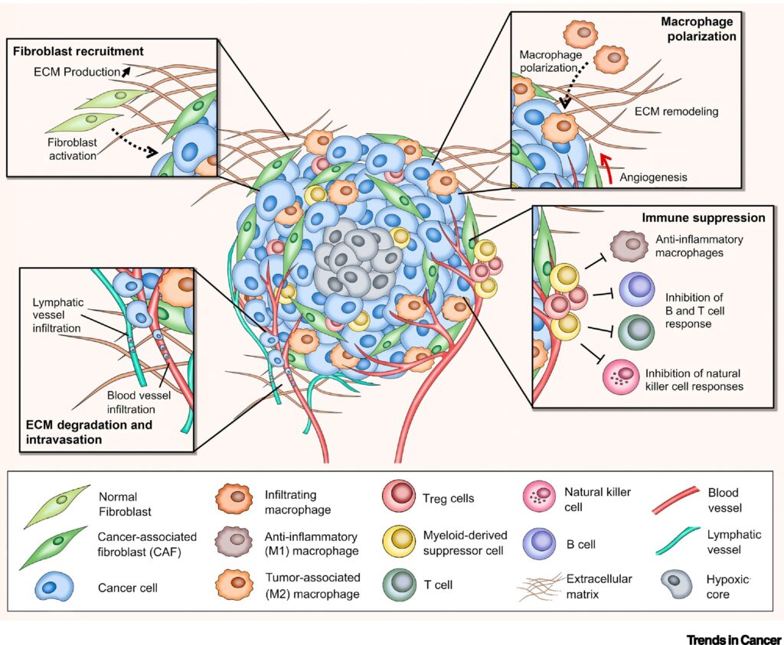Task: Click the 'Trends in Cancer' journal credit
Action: click(734, 637)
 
